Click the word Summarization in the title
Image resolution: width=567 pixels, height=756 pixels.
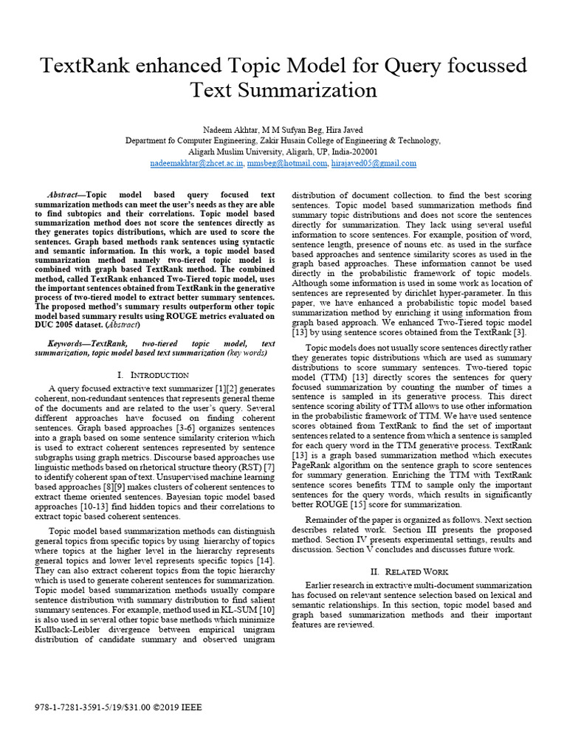(314, 91)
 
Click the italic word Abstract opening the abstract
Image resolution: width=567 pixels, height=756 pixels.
(63, 193)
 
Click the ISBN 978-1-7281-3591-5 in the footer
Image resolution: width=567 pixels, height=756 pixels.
(69, 707)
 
